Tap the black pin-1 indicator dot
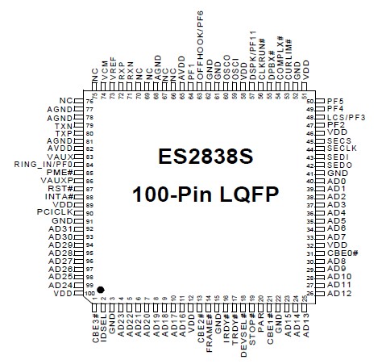[102, 287]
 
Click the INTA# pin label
[60, 196]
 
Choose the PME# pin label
[61, 173]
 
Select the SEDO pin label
[339, 165]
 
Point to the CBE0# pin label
[343, 253]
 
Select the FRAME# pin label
[208, 324]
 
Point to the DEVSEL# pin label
[243, 326]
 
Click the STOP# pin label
[252, 320]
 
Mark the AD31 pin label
[62, 228]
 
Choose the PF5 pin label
[336, 101]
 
